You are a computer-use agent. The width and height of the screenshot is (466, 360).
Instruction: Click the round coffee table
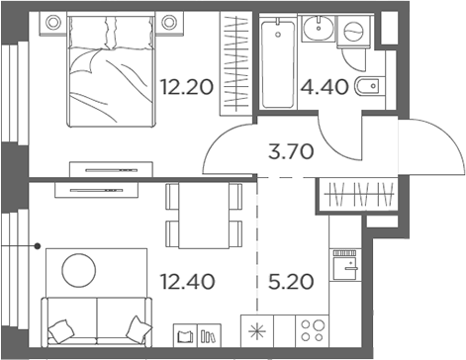[79, 268]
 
